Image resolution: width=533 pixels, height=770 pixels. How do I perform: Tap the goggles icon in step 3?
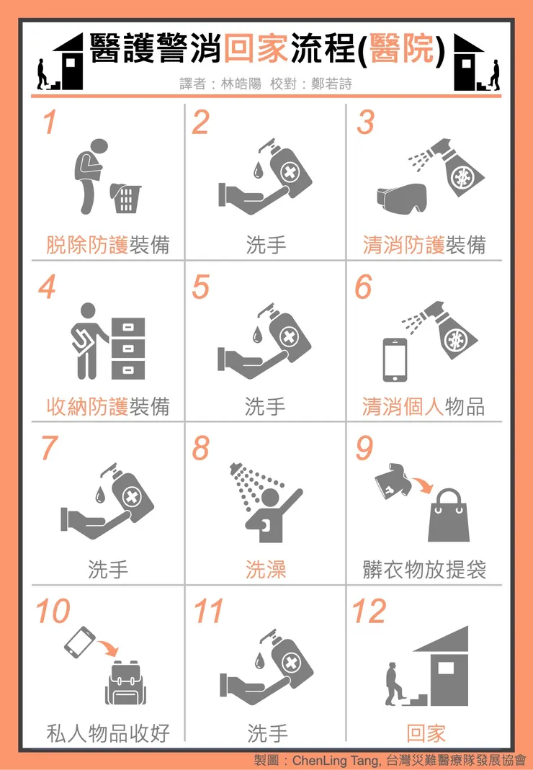coord(401,197)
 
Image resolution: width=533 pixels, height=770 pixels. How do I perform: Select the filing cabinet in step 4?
coord(128,349)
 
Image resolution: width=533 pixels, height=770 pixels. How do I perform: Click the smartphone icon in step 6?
coord(395,359)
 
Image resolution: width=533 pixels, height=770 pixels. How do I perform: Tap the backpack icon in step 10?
coord(126,683)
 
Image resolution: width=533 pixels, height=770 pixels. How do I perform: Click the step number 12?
coord(369,612)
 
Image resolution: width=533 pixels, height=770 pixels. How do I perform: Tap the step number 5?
coord(201,287)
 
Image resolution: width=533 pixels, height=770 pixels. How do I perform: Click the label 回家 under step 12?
coord(426,733)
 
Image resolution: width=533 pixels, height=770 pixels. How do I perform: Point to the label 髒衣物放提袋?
coord(424,570)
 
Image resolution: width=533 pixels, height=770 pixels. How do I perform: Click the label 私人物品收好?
coord(108,733)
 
